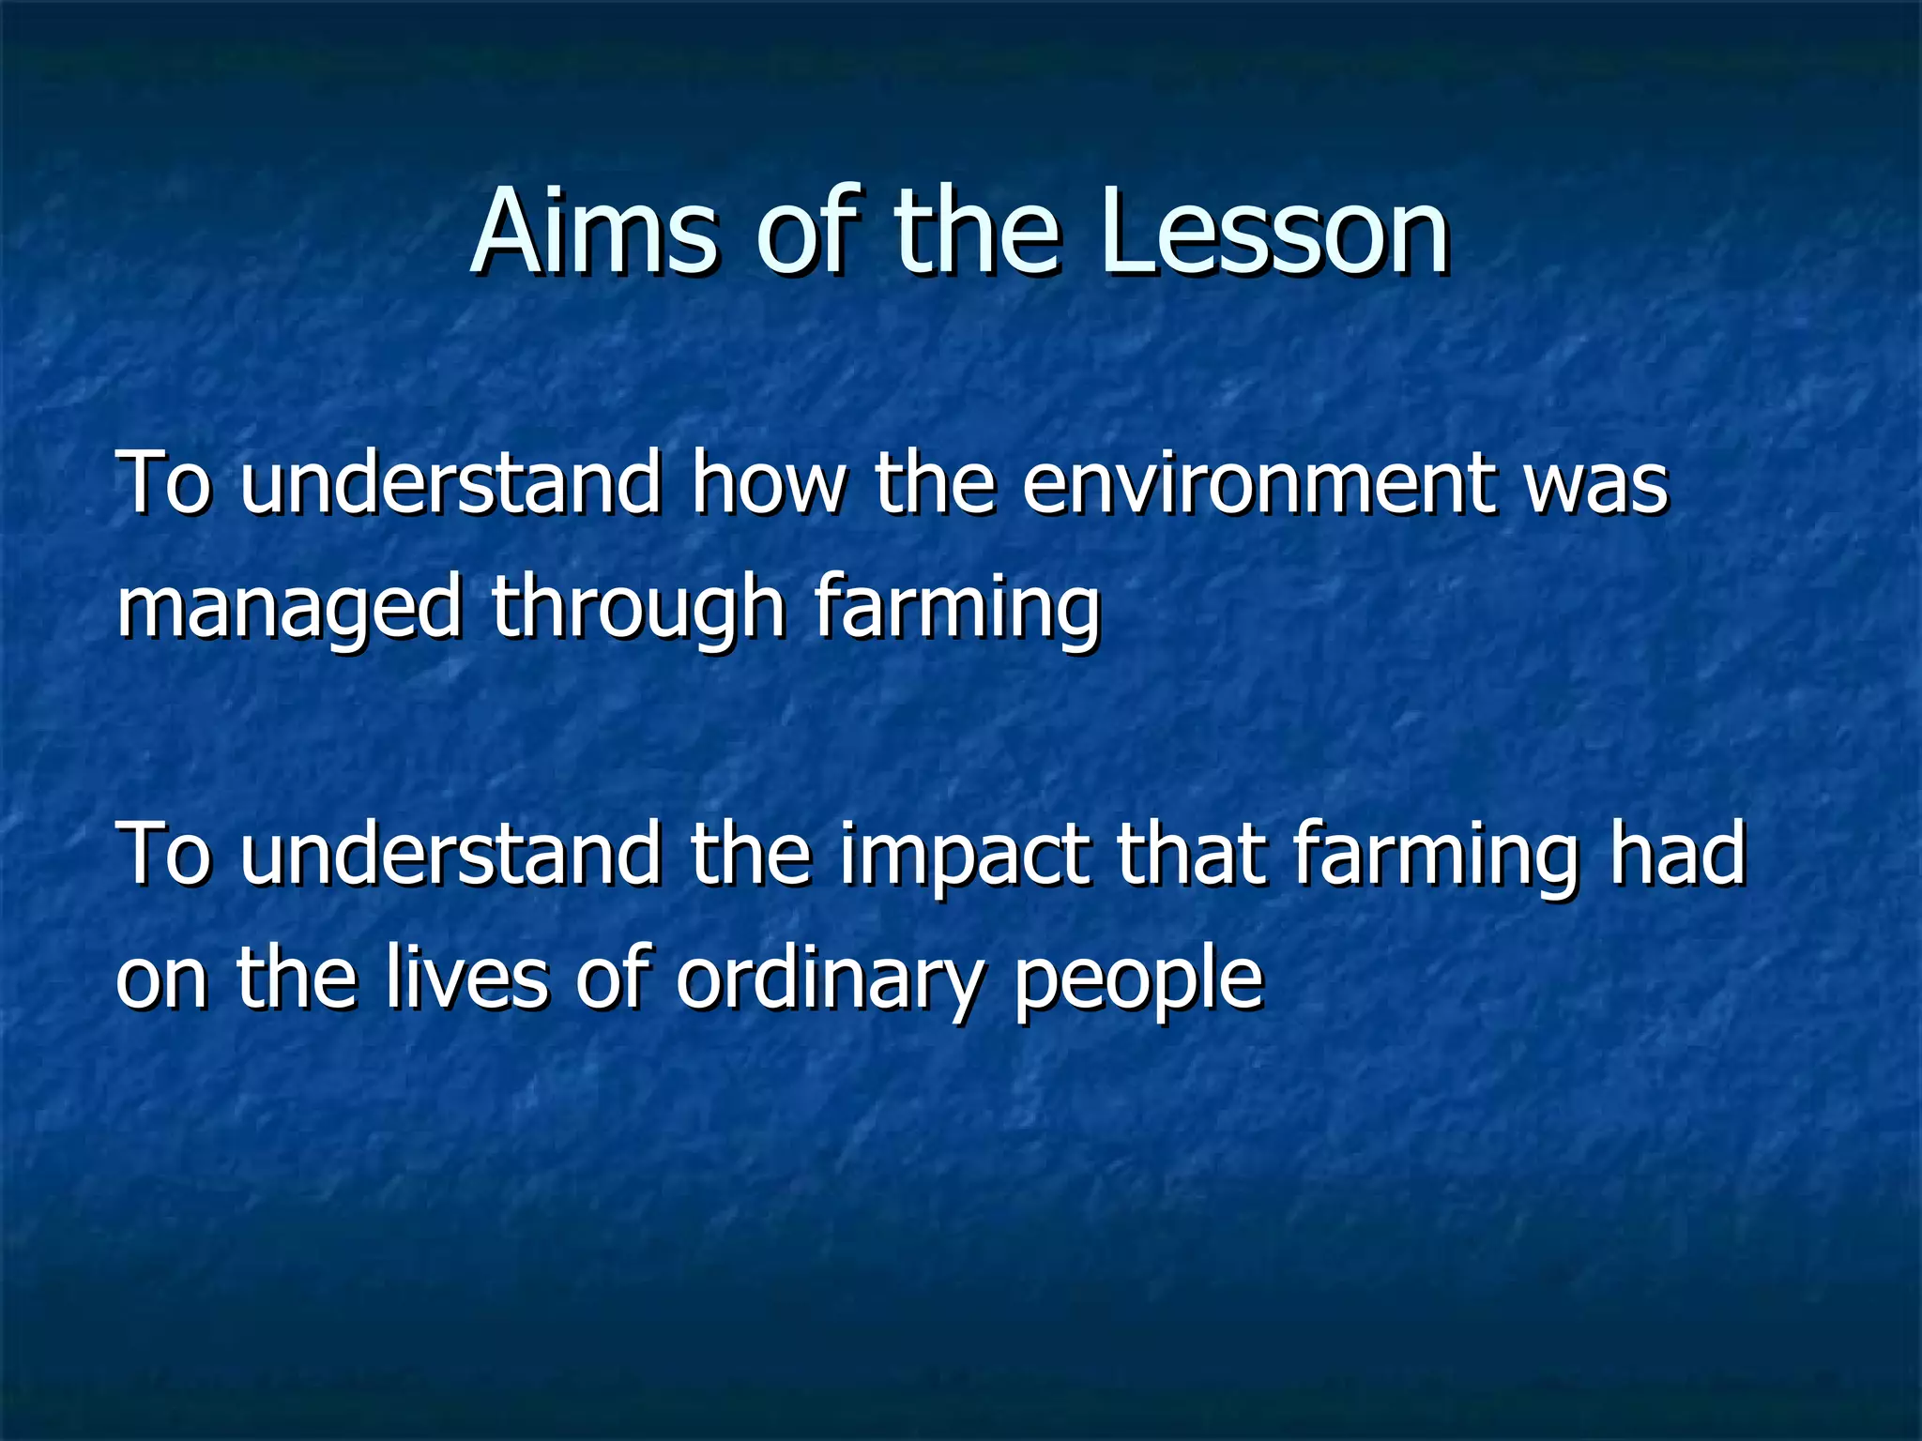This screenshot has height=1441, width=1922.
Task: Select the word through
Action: [x=638, y=610]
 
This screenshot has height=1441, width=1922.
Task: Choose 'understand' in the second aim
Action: [x=450, y=854]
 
